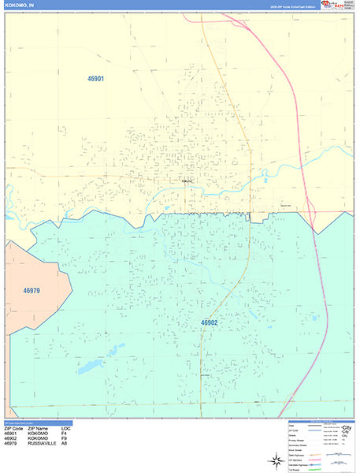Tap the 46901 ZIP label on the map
[x=95, y=79]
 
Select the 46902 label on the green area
[x=208, y=322]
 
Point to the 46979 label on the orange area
[x=32, y=291]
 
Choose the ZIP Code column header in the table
[x=13, y=428]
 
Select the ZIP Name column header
[x=40, y=428]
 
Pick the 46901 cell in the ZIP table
[x=11, y=434]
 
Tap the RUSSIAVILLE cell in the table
[x=43, y=445]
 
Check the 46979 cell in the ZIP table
[x=11, y=445]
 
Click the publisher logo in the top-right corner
[x=339, y=5]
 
